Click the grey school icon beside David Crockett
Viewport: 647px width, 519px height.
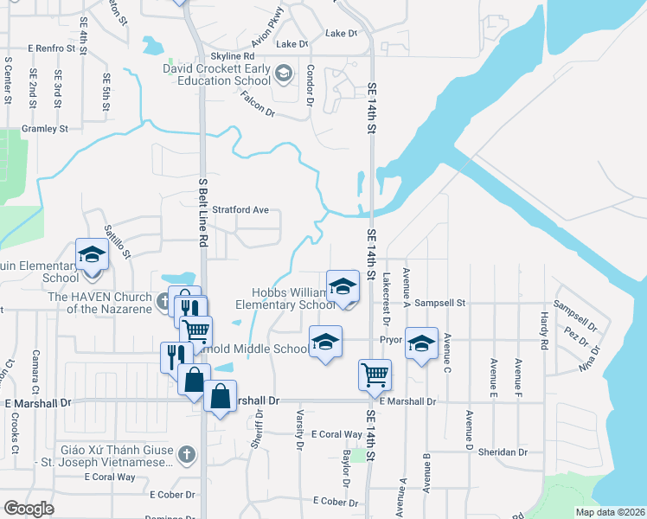click(x=284, y=73)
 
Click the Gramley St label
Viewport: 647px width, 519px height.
click(x=45, y=129)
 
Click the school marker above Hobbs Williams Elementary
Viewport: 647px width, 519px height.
click(x=343, y=285)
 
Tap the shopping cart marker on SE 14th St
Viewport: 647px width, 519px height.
click(x=375, y=375)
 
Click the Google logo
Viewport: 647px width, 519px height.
click(x=29, y=508)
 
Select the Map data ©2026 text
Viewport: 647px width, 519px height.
click(x=609, y=512)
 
